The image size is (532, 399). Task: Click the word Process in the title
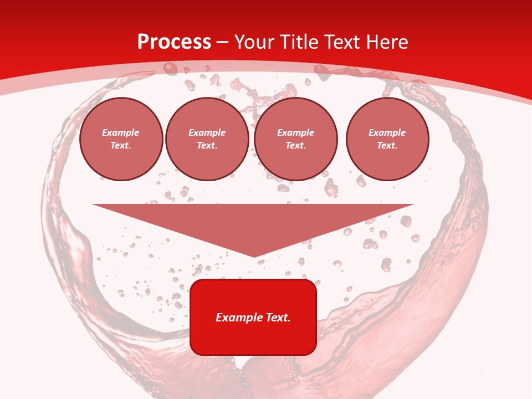point(174,42)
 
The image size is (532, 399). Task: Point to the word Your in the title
point(254,42)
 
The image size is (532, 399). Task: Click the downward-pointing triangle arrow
point(253,224)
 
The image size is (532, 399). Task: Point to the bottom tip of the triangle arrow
point(254,256)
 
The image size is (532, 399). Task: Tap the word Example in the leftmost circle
point(121,132)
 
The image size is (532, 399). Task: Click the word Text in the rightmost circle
point(387,145)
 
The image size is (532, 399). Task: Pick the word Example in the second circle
point(207,132)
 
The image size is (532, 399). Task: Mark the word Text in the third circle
point(295,145)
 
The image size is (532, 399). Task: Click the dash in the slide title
point(223,43)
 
